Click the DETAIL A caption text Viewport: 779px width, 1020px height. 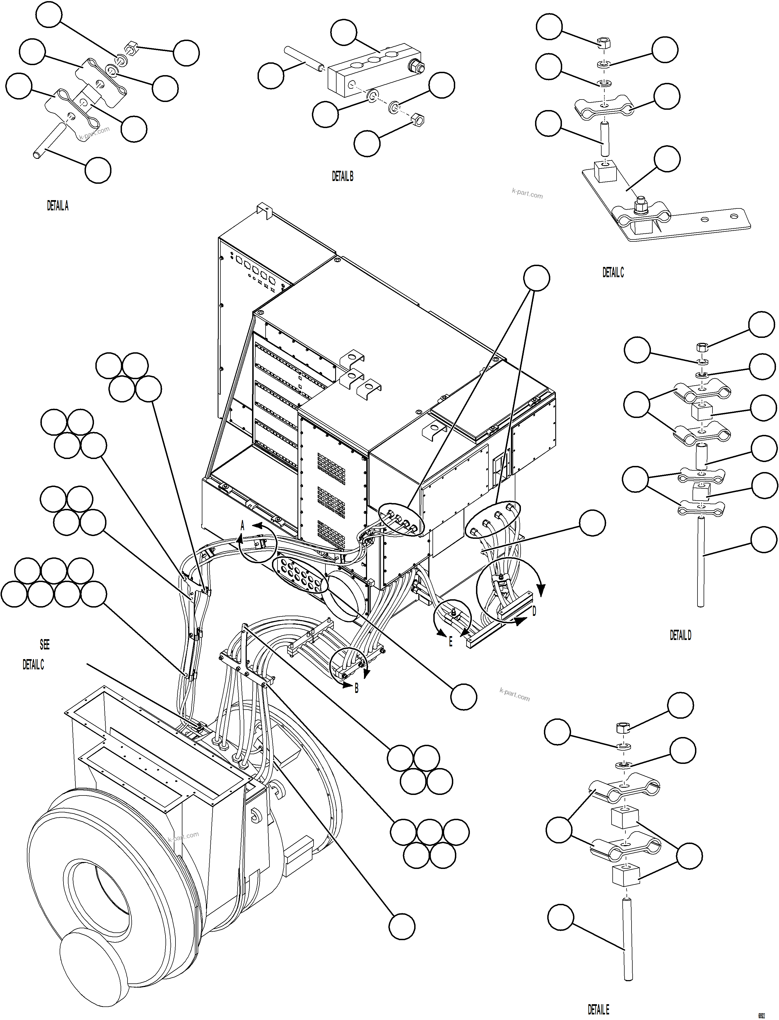57,206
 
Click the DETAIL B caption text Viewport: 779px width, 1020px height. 342,176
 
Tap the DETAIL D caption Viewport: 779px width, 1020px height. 680,635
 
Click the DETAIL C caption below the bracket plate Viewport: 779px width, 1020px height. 613,273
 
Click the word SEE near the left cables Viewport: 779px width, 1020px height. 45,644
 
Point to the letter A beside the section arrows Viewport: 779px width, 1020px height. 242,526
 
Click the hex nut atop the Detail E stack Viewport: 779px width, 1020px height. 622,727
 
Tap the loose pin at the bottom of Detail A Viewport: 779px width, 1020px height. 52,140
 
